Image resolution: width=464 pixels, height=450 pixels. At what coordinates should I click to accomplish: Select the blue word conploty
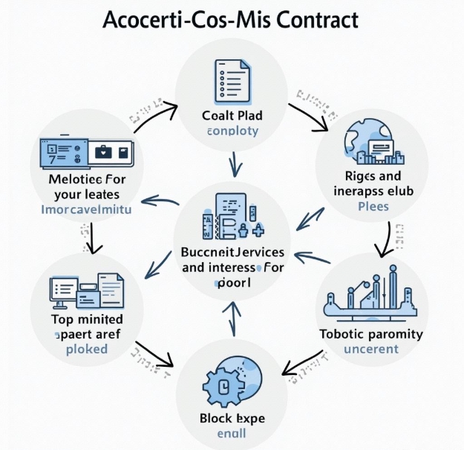pos(232,131)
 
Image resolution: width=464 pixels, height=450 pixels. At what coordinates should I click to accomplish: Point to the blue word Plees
pos(373,206)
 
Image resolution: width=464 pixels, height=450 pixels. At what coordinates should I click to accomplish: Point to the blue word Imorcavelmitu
pos(88,210)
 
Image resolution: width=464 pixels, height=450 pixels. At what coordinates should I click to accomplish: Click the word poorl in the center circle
pos(232,283)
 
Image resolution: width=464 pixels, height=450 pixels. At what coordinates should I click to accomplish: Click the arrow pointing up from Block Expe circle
pos(236,318)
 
